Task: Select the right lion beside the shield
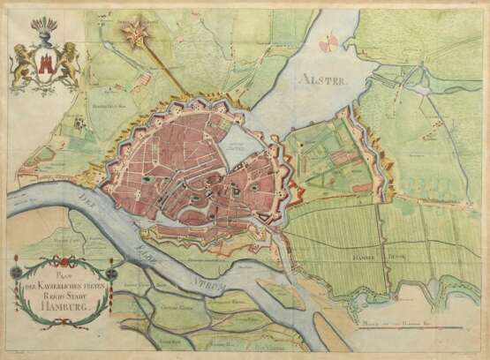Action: [x=68, y=69]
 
